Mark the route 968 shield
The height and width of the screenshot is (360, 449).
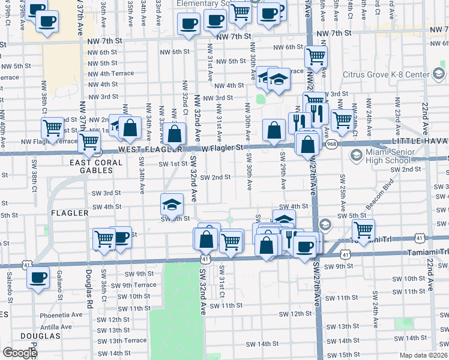pyautogui.click(x=331, y=144)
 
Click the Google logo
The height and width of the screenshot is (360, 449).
pyautogui.click(x=20, y=353)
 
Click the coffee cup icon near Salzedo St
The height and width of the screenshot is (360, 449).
pyautogui.click(x=39, y=277)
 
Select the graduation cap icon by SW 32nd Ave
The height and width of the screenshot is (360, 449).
pyautogui.click(x=172, y=205)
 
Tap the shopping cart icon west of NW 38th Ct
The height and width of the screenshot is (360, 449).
pyautogui.click(x=53, y=127)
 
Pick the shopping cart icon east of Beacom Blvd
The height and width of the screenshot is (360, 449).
pyautogui.click(x=363, y=229)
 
